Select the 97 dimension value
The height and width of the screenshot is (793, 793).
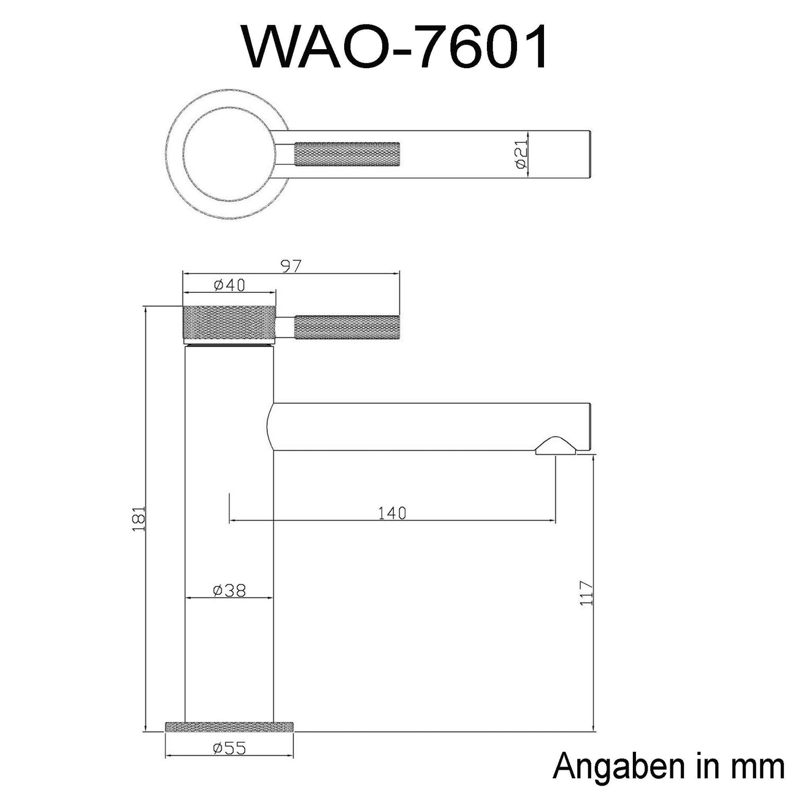click(290, 267)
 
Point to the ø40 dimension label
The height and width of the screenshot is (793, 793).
click(229, 285)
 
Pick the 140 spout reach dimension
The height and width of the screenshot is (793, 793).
click(392, 513)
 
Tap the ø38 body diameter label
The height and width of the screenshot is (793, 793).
click(229, 590)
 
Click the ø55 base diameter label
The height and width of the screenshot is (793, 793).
click(229, 748)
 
